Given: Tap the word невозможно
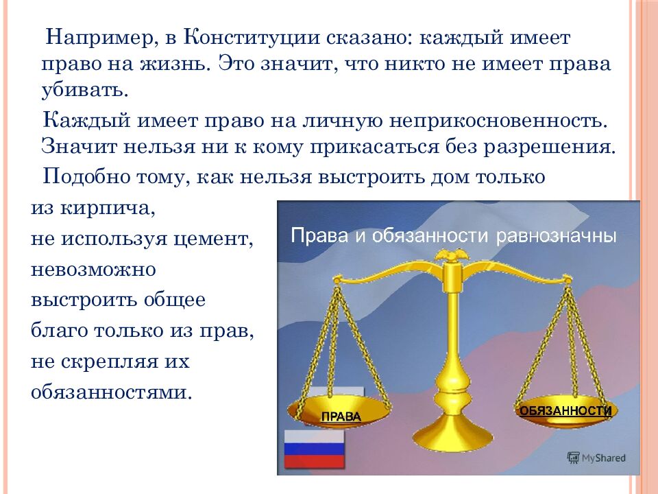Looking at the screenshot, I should click(93, 269).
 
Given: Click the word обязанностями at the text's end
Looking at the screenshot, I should click(110, 393).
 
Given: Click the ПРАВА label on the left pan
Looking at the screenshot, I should click(341, 416).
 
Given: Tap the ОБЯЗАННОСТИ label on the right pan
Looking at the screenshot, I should click(565, 411).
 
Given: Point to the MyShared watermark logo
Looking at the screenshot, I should click(596, 457).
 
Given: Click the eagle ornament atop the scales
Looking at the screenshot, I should click(452, 258).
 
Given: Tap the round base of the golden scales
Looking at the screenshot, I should click(451, 439).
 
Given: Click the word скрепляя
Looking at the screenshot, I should click(118, 362).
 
